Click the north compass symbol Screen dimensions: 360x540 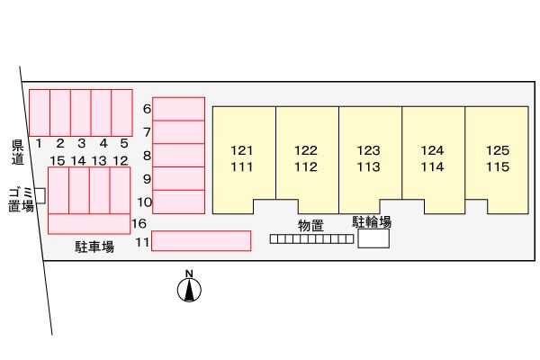189,289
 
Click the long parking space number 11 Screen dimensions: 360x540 201,240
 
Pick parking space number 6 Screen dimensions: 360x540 178,108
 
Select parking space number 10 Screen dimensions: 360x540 178,202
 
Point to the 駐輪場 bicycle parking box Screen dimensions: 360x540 373,238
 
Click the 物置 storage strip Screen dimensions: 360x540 311,239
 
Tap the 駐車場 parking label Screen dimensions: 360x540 94,246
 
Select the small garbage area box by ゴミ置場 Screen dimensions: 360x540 40,196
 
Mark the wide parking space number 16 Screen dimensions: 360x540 89,223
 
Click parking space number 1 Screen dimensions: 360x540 40,112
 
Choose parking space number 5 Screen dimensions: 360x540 122,112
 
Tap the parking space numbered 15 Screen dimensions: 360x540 58,190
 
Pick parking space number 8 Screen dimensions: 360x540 178,155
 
